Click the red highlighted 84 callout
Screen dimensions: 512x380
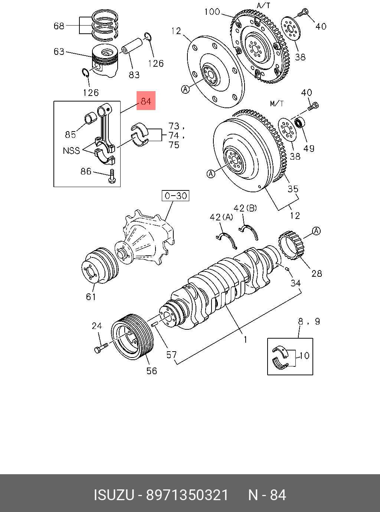coord(146,101)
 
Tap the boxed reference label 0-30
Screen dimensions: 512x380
coord(176,196)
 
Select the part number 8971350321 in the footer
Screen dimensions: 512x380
coord(187,495)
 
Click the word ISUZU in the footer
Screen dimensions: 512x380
coord(114,495)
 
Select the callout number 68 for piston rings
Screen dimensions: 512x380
coord(59,26)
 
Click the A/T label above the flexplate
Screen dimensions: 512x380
coord(263,5)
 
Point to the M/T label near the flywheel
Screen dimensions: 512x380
coord(277,103)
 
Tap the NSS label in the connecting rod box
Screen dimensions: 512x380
coord(71,151)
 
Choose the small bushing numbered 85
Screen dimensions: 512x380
coord(91,119)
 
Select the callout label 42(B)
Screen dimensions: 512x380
coord(245,208)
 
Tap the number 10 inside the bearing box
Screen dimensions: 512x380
coord(304,356)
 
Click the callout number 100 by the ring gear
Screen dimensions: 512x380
coord(212,12)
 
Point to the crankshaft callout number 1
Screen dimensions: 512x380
coord(245,339)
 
